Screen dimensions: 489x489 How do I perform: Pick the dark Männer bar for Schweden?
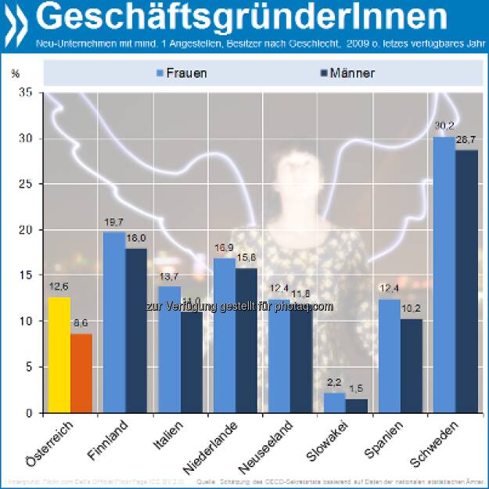[x=466, y=282]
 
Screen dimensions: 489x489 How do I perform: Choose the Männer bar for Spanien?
[x=411, y=365]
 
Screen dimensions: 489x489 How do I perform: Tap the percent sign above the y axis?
[x=15, y=74]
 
